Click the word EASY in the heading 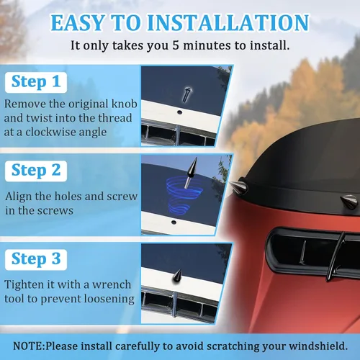coord(78,22)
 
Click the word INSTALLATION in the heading coord(228,22)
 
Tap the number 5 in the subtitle coord(176,45)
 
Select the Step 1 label coord(36,82)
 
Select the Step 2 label coord(36,171)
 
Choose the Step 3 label coord(36,259)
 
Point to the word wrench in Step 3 coord(112,284)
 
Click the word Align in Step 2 coord(19,197)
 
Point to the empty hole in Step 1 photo coord(179,112)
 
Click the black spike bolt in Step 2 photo coord(191,172)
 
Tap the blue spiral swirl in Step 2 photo coord(183,194)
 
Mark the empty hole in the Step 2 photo coord(174,222)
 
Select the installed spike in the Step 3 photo coord(177,275)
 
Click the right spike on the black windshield coord(348,202)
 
